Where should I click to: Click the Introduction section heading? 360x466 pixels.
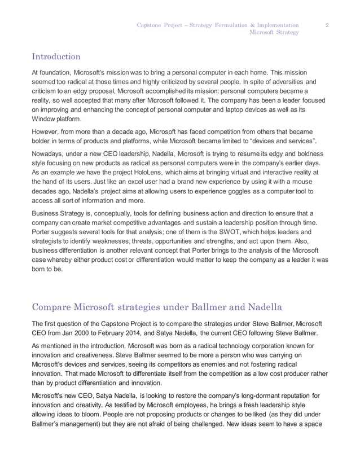coord(56,56)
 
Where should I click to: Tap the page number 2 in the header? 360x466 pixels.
coord(328,25)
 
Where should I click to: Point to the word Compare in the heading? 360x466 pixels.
coord(54,307)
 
